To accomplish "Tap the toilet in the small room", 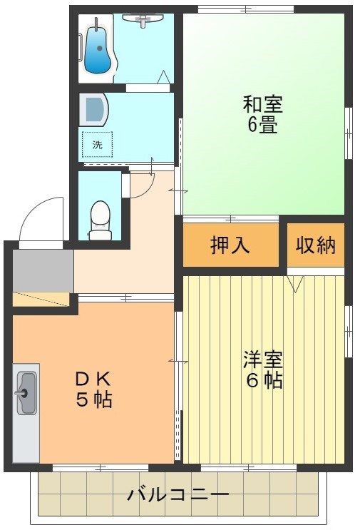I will [100, 218].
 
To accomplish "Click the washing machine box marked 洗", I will [97, 145].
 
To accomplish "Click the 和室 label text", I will [263, 105].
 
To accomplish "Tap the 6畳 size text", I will [263, 126].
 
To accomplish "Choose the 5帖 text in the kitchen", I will [93, 399].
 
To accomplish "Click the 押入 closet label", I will [230, 245].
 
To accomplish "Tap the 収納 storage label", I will [316, 245].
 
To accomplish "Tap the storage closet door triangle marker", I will [295, 284].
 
